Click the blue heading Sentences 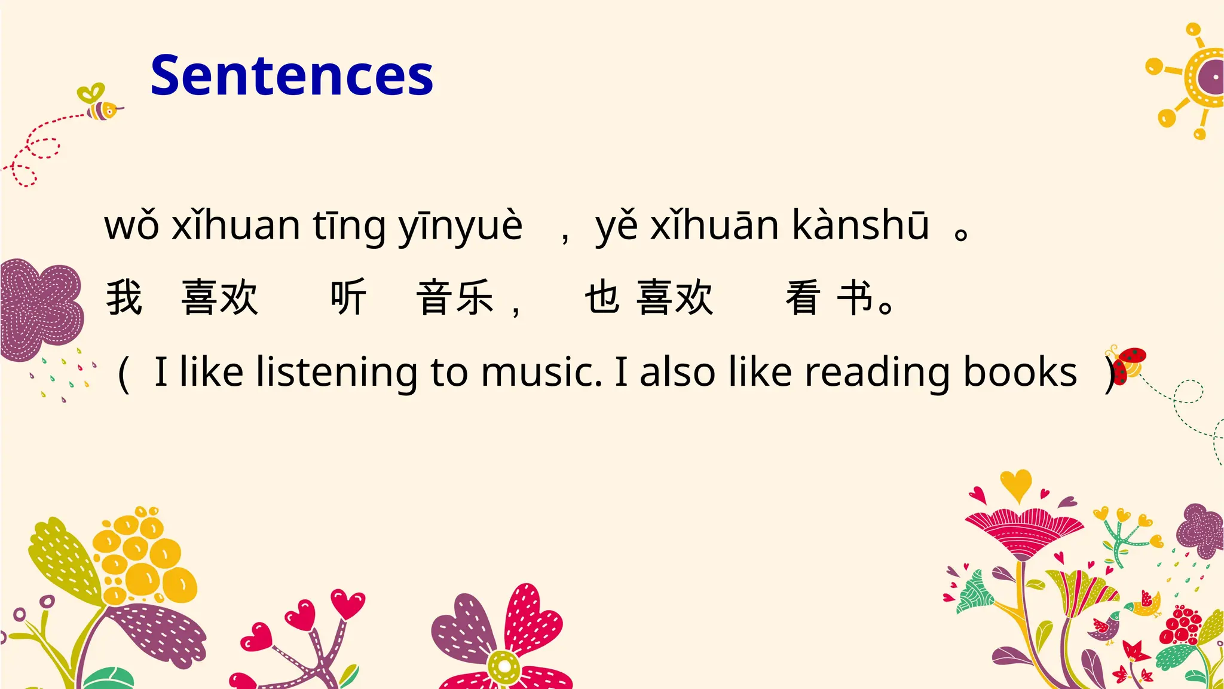(x=292, y=75)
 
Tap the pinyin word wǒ (x=132, y=226)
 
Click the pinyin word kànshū (x=861, y=226)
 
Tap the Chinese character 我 (x=124, y=297)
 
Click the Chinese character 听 (x=348, y=297)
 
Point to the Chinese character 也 (x=602, y=297)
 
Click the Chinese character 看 (x=803, y=297)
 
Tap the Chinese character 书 (x=855, y=297)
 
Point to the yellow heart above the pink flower (x=1015, y=483)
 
